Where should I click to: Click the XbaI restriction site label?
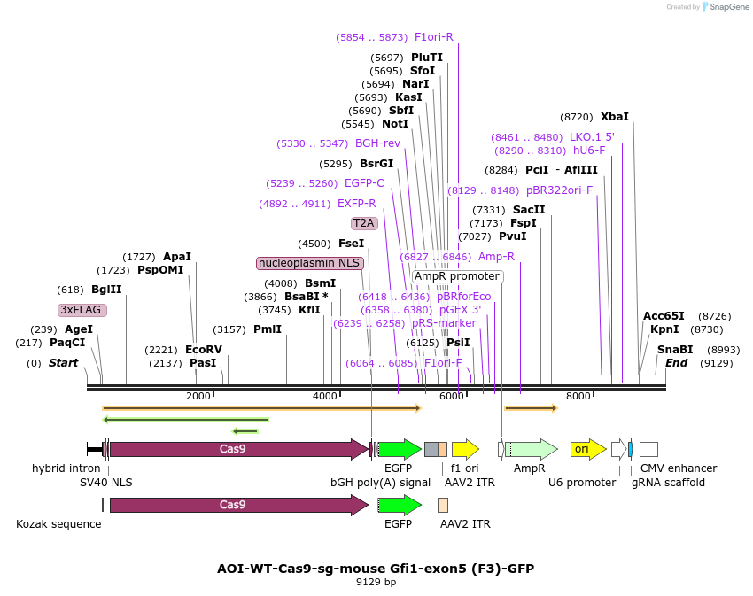click(x=614, y=117)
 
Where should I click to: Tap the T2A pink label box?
click(x=364, y=223)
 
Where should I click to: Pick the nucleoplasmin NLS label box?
click(x=310, y=263)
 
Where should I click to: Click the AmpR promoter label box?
click(x=457, y=276)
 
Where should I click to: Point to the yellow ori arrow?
click(x=588, y=449)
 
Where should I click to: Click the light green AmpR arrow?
click(x=532, y=449)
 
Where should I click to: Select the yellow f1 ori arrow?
click(x=465, y=449)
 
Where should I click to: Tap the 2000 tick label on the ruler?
click(x=198, y=396)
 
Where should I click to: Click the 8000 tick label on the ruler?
click(x=578, y=396)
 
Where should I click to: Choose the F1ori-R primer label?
click(x=434, y=37)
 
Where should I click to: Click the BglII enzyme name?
click(x=106, y=290)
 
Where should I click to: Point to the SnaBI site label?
click(x=675, y=350)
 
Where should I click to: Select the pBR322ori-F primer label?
click(x=560, y=190)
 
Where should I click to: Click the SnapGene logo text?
click(x=729, y=7)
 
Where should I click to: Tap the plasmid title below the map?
click(x=376, y=569)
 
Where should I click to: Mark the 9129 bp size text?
click(x=376, y=582)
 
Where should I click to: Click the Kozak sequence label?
click(x=58, y=524)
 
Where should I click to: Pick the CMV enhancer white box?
click(x=648, y=450)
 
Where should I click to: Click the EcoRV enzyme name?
click(x=204, y=350)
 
